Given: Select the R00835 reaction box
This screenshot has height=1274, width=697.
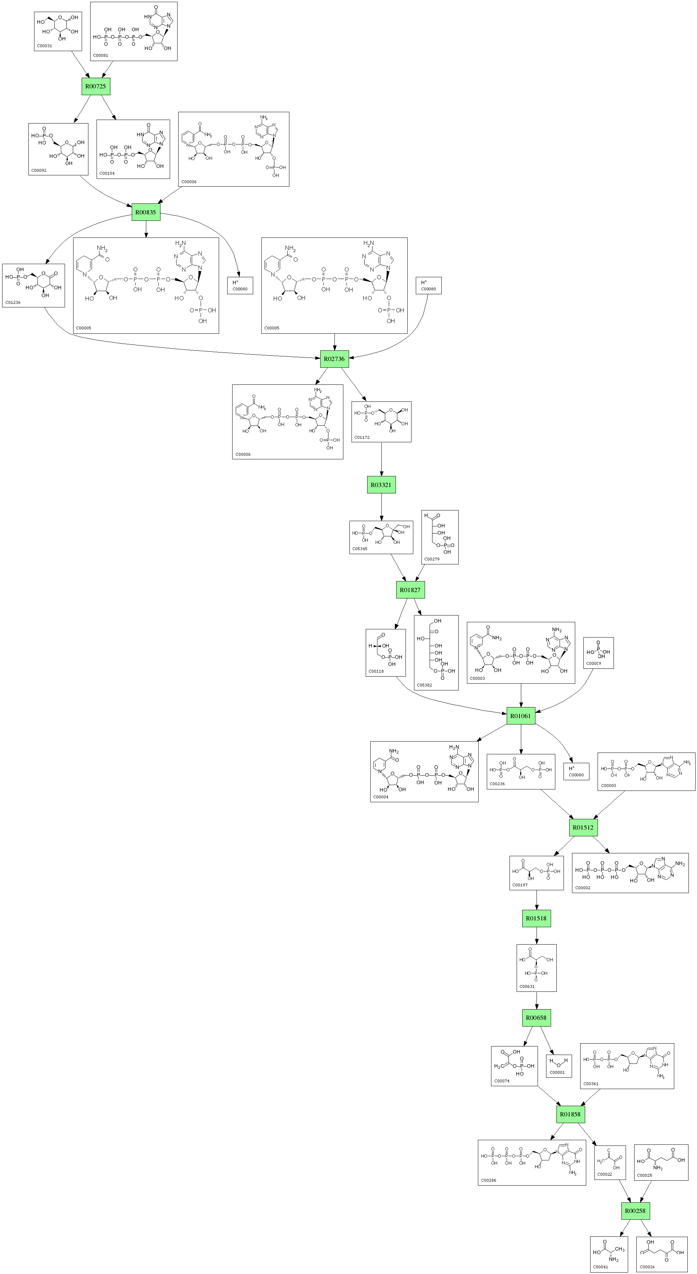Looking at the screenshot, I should pos(146,212).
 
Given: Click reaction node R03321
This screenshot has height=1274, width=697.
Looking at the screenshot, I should pos(381,485).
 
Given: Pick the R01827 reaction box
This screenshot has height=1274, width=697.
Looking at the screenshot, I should pos(410,590).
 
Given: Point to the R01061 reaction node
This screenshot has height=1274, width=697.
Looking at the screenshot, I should pos(521,716).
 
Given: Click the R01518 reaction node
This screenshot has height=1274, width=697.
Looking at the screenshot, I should pos(536,918).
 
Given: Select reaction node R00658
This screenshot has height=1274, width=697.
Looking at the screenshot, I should pos(536,1018).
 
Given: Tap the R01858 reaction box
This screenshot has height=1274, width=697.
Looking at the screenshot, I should pos(570,1114).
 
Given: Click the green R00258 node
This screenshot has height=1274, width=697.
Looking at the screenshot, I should pos(635,1211).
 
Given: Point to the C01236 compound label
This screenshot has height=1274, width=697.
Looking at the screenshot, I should pos(13,302).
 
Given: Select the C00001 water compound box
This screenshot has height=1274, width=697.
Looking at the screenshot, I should pos(559,1066).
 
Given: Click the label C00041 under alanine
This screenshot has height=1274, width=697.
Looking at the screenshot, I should pos(600,1267).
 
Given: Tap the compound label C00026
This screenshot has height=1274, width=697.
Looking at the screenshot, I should pos(647,1267).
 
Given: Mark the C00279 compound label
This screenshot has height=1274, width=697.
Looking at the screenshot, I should pos(432,559).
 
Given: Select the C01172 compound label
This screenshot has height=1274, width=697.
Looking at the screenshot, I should pos(362,437).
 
